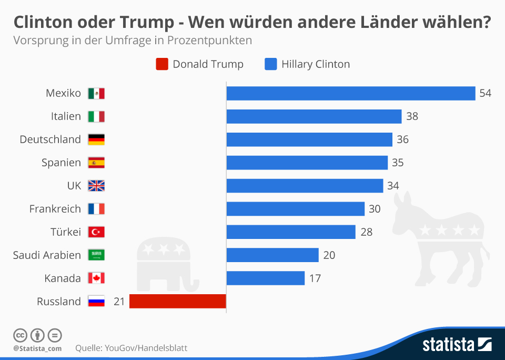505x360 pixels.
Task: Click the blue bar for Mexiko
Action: [351, 93]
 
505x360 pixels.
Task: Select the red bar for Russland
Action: [177, 301]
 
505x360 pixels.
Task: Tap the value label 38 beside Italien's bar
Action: [412, 116]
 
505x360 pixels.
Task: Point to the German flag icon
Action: [96, 139]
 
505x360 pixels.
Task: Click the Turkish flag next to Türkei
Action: [96, 232]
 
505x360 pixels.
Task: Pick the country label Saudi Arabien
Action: [47, 255]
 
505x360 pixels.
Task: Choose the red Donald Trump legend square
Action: [162, 64]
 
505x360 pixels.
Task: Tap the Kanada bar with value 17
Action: [266, 278]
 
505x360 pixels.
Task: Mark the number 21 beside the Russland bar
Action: [119, 302]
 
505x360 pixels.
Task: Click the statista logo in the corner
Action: [457, 345]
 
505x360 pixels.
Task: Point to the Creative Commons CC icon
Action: [21, 335]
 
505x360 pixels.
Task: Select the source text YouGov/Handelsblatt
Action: [146, 348]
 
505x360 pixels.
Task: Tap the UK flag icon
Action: [96, 186]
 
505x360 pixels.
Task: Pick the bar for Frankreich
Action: [295, 209]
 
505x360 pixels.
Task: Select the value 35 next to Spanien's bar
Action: [398, 163]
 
